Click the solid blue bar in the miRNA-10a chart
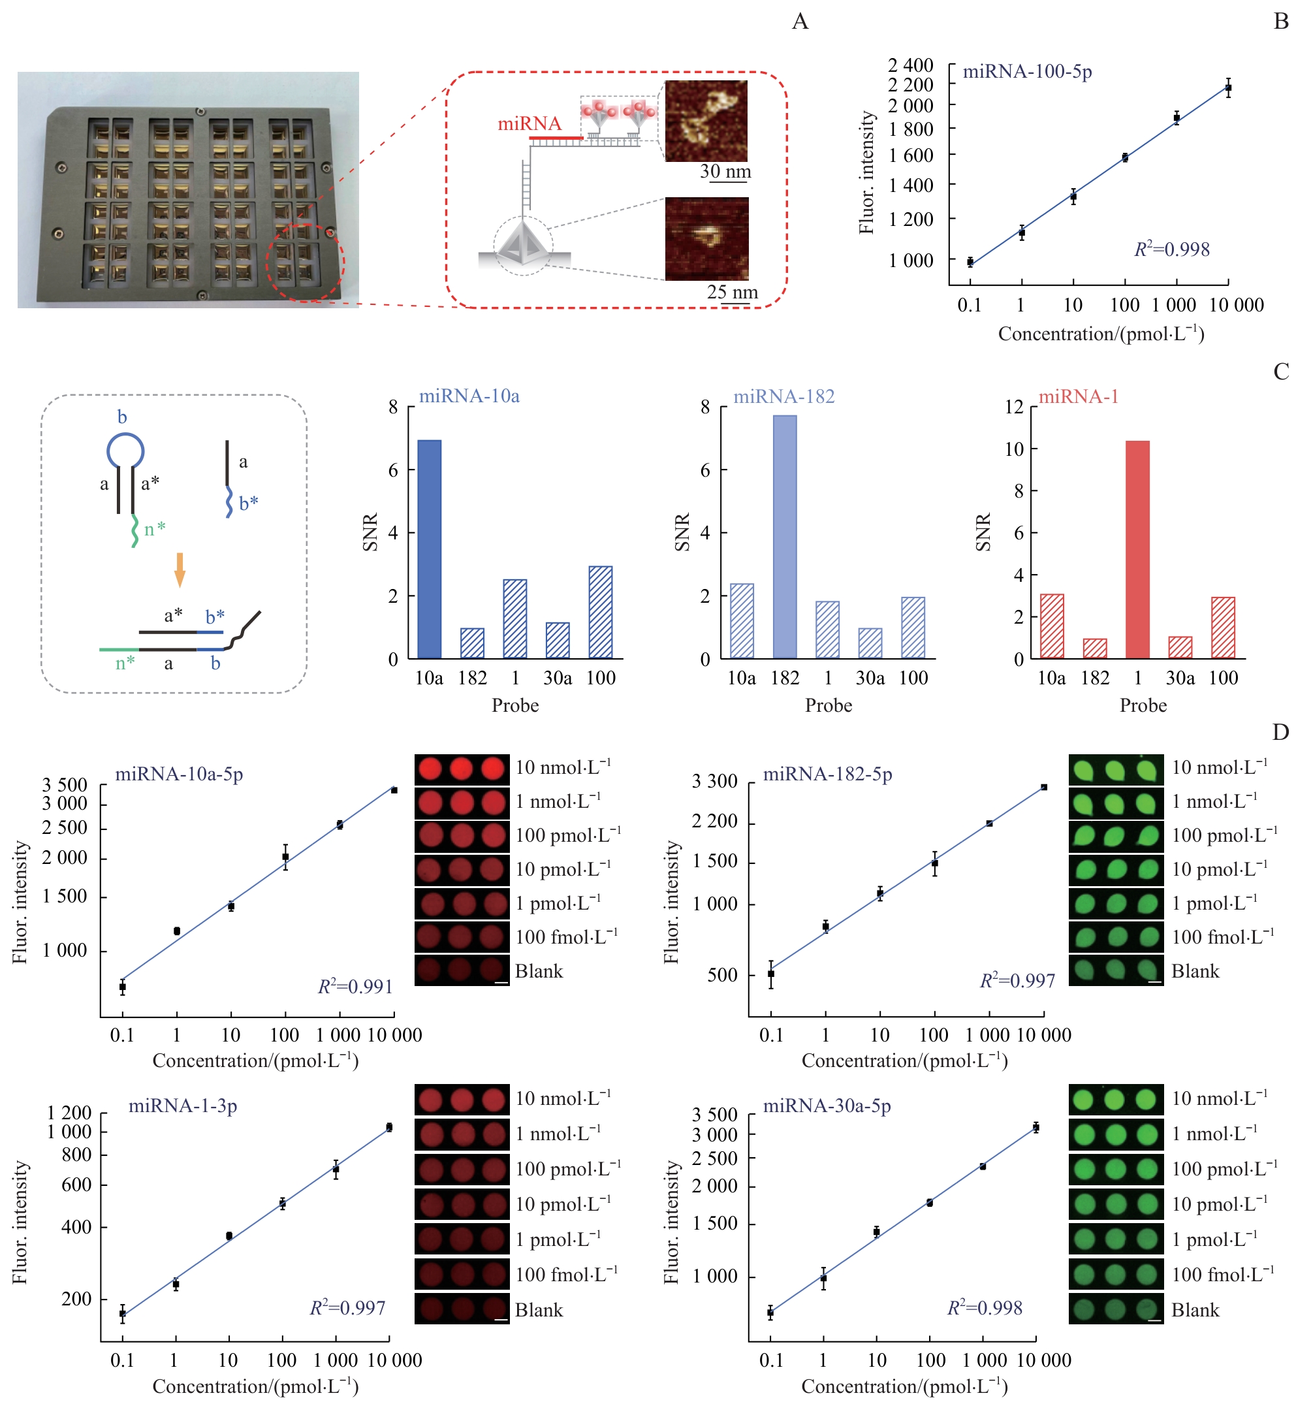[x=429, y=549]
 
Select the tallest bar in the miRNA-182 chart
[x=785, y=537]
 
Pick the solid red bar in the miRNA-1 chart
[x=1137, y=549]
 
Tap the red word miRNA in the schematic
[x=529, y=124]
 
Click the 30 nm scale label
[x=725, y=172]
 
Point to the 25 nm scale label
[x=732, y=292]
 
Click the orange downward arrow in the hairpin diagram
[x=180, y=569]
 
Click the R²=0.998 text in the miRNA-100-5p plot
[x=1172, y=249]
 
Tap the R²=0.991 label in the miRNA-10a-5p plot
[x=355, y=987]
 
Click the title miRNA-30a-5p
[x=827, y=1106]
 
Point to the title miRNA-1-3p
[x=182, y=1106]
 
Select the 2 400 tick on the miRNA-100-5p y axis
[x=910, y=65]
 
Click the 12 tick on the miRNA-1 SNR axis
[x=1014, y=407]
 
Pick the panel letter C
[x=1280, y=372]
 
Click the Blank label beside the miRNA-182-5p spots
[x=1195, y=971]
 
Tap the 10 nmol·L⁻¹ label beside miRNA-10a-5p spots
[x=563, y=767]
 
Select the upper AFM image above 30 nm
[x=706, y=121]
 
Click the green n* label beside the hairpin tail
[x=154, y=530]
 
